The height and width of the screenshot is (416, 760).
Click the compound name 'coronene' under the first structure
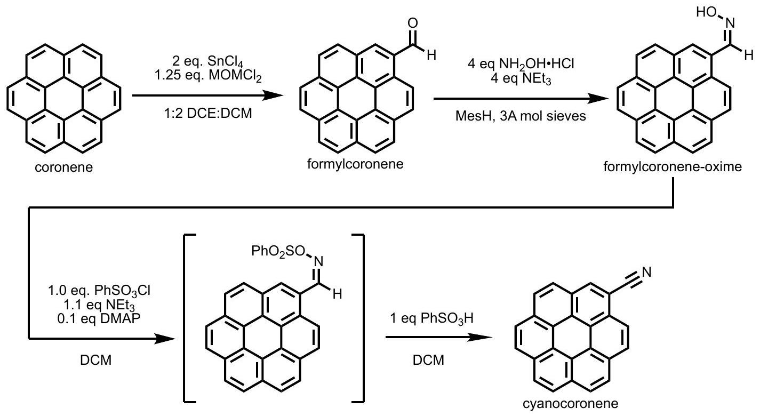coord(63,169)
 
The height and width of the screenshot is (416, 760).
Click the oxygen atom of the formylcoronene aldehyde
coord(411,24)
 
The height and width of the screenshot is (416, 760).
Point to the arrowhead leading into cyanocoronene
coord(483,337)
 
